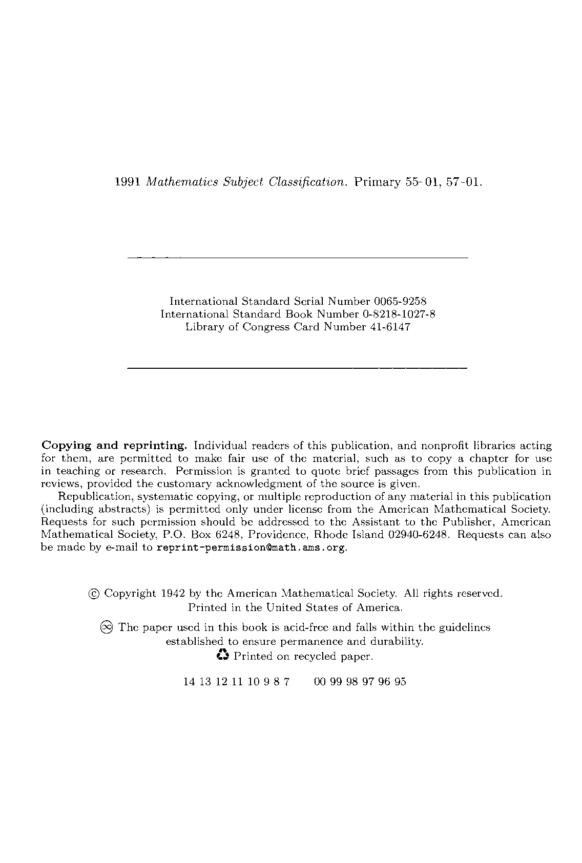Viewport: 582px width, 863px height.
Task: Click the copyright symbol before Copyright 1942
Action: click(x=94, y=594)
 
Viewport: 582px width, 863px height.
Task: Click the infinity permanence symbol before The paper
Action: click(x=107, y=627)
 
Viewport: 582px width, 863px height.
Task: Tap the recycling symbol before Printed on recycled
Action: click(x=223, y=655)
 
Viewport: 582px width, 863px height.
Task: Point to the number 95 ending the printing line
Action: click(x=401, y=682)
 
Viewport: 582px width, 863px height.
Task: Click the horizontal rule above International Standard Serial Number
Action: click(x=297, y=257)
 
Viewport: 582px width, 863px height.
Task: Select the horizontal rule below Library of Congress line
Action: click(x=297, y=368)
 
